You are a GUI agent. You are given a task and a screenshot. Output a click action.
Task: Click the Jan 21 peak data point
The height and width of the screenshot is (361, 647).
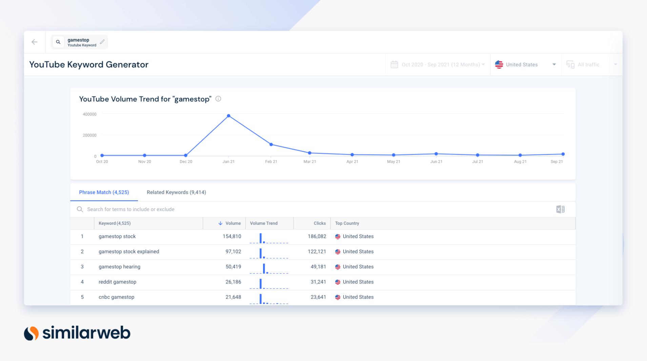pos(228,116)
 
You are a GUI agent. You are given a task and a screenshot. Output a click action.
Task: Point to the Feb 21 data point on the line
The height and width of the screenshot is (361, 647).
pos(271,145)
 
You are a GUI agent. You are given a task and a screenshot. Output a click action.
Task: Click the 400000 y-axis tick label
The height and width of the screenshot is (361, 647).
pos(89,114)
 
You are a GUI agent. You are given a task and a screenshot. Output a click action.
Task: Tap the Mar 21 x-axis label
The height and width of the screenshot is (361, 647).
pos(309,162)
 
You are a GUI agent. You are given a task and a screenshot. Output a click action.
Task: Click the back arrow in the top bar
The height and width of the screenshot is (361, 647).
pos(35,42)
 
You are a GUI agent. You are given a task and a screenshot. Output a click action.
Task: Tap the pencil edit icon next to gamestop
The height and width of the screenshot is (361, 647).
pos(102,42)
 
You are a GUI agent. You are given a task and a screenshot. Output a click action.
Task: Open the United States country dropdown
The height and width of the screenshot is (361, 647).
pos(525,64)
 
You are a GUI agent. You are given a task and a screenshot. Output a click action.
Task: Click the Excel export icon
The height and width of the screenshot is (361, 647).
pos(560,209)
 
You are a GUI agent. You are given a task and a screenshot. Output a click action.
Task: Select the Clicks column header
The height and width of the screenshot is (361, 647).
pos(319,223)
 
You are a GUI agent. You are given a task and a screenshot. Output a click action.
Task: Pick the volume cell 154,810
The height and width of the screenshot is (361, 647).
pos(232,237)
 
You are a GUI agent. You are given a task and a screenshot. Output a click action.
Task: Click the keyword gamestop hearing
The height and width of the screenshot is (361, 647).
pos(119,267)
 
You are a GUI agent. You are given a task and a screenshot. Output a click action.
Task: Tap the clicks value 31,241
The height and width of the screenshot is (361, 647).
pos(318,282)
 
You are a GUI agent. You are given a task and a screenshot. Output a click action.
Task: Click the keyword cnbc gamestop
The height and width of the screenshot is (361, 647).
pos(116,297)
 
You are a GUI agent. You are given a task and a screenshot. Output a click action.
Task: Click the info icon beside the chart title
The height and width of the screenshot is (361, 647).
pos(218,99)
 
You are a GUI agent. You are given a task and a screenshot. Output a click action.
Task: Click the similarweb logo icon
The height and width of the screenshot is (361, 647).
pos(31,333)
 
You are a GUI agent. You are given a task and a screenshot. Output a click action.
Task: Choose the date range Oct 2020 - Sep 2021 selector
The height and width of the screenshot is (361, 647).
pos(438,64)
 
